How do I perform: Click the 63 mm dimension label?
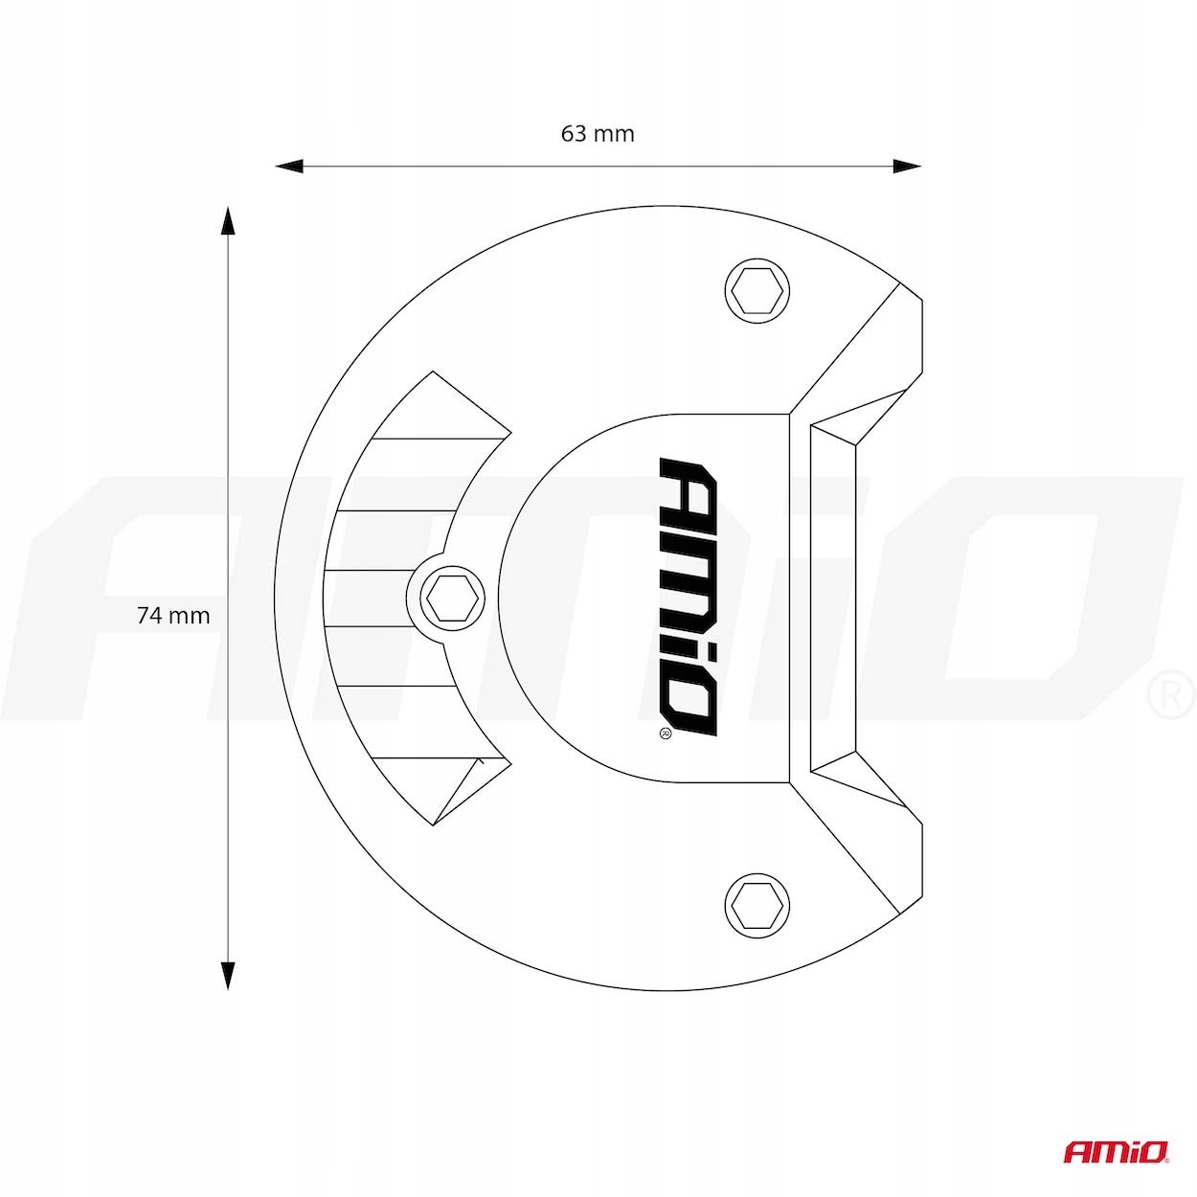click(x=598, y=134)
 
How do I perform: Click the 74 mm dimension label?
click(x=173, y=616)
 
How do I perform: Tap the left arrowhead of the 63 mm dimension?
click(x=288, y=167)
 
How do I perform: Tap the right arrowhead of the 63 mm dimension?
click(x=907, y=167)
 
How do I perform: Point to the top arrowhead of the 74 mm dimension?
click(x=227, y=220)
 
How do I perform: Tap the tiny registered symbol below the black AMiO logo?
click(x=665, y=734)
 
